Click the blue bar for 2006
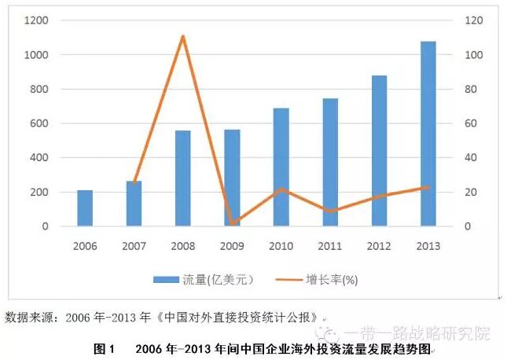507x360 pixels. coord(85,208)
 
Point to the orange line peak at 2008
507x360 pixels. coord(182,36)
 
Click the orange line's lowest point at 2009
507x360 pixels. coord(231,223)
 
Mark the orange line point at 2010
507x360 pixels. coord(280,189)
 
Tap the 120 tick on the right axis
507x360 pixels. coord(472,20)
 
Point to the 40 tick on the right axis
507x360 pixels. coord(468,158)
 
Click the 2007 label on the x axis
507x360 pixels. coord(134,246)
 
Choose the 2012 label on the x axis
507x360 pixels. coord(377,246)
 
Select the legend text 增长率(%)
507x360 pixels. coord(332,278)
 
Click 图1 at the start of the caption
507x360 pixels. coord(105,348)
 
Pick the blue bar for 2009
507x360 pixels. coord(231,178)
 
